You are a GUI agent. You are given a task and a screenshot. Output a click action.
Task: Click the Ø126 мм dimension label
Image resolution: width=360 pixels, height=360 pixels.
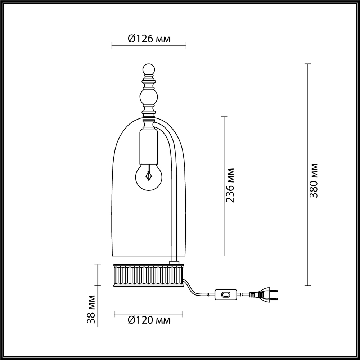tap(149, 38)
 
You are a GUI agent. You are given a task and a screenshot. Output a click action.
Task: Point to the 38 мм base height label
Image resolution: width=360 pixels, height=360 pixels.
tap(92, 309)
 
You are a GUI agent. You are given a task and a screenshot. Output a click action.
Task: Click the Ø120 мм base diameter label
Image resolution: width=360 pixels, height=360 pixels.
tap(149, 320)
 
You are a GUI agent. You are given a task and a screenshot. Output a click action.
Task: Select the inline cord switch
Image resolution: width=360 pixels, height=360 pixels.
tap(225, 294)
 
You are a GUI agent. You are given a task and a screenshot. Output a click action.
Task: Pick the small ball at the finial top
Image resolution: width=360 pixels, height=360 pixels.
tap(149, 69)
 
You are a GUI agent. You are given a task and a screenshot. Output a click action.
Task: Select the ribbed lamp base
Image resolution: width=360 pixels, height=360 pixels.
tap(149, 276)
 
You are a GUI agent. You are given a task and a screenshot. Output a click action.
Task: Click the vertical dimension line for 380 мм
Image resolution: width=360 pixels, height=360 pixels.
tap(307, 175)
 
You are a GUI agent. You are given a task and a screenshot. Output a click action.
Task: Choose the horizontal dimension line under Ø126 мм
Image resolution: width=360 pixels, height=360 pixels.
tap(149, 46)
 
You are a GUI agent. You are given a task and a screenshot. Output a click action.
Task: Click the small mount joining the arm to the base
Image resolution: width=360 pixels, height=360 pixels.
tap(174, 261)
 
